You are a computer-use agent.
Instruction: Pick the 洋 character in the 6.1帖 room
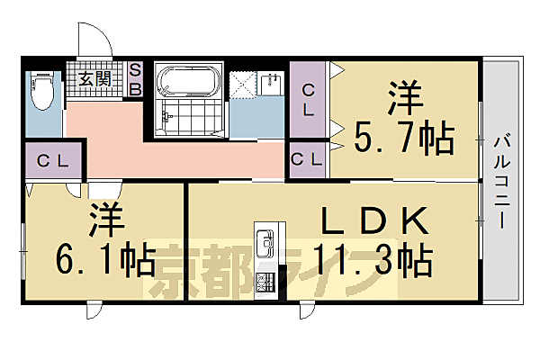103,220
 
